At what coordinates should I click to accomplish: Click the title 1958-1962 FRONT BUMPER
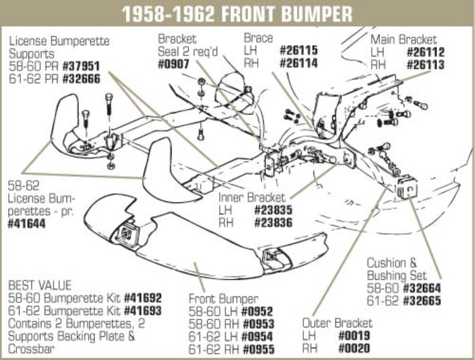(x=237, y=12)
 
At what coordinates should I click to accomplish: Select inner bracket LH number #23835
(x=274, y=210)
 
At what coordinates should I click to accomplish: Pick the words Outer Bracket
(x=337, y=323)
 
